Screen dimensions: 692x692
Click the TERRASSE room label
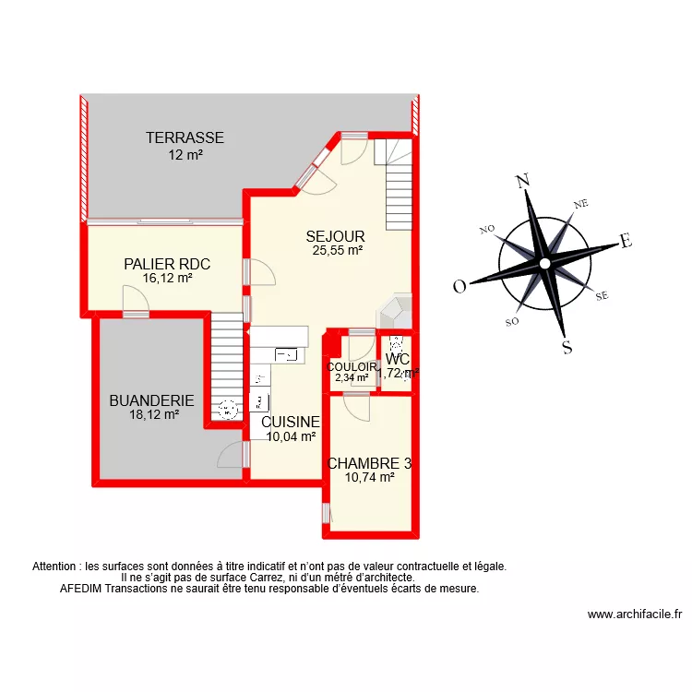[185, 137]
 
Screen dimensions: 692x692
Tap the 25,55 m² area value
[338, 250]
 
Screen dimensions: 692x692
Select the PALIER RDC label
[167, 264]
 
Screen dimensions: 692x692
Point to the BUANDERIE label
[152, 400]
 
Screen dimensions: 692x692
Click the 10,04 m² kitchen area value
[291, 436]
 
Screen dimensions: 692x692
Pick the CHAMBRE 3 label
[369, 463]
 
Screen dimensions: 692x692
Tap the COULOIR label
[352, 366]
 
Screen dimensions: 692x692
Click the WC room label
[398, 359]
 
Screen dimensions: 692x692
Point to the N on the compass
[523, 181]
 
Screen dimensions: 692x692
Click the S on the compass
[567, 347]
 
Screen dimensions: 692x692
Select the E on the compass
[626, 241]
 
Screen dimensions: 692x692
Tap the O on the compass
[459, 287]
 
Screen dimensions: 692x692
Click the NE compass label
[580, 204]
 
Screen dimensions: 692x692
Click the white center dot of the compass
[545, 264]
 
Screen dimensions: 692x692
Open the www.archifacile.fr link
[635, 614]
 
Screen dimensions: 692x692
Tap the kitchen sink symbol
[286, 354]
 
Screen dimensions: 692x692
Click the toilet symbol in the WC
[397, 343]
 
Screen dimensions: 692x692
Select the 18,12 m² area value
[154, 415]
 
